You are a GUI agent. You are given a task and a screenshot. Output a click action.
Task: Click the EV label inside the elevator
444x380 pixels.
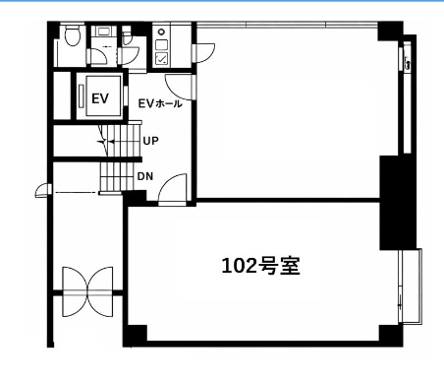100,98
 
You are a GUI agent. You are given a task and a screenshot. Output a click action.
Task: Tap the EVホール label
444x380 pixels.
160,103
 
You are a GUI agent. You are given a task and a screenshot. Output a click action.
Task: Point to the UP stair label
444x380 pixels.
150,141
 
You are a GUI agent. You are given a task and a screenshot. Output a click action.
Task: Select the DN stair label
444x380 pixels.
145,176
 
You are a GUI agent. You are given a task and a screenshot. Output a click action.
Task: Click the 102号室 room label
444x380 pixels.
261,266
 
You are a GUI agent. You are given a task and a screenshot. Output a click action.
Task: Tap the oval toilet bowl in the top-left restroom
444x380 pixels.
72,35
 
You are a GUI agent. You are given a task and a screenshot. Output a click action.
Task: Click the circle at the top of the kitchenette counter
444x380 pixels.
161,32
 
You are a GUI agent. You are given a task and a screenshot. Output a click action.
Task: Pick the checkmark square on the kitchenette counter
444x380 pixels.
161,58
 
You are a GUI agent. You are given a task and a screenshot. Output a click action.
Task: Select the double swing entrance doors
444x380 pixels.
87,291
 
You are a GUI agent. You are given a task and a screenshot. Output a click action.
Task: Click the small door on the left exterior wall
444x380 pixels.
43,191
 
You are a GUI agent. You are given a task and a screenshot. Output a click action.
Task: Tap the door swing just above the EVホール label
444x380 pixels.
180,88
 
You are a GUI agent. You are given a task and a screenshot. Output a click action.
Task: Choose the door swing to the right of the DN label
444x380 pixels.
173,190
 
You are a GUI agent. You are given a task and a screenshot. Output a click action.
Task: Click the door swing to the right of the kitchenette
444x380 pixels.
203,52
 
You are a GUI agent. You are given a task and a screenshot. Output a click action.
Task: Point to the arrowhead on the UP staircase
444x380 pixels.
111,142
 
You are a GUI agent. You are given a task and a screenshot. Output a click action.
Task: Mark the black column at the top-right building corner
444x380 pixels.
390,32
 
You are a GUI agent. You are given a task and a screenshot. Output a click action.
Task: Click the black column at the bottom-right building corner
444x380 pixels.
391,335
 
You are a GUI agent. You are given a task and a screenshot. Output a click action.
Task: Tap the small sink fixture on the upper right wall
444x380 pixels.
408,64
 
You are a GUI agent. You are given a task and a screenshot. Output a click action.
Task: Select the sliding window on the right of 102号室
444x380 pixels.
410,286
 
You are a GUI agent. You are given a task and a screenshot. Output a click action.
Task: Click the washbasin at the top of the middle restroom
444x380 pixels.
103,32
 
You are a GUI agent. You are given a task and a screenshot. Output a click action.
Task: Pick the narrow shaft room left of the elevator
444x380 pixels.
62,95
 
